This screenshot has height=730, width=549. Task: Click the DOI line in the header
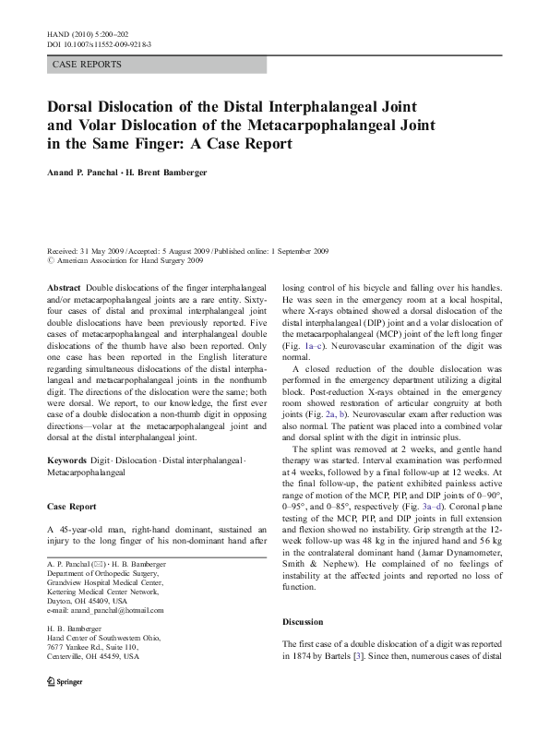99,43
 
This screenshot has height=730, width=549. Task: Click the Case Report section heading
71,507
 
